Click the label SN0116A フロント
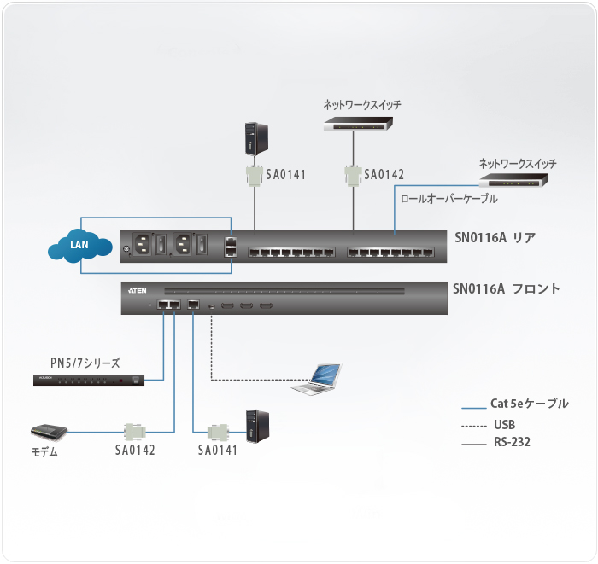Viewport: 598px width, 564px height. click(x=506, y=289)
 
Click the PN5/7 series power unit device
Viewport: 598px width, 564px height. click(x=89, y=380)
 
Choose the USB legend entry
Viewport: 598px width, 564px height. click(x=504, y=424)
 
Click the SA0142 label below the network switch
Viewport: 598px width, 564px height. click(x=384, y=175)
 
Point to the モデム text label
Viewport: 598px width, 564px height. click(x=44, y=452)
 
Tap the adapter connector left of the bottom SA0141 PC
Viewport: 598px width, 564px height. click(x=218, y=432)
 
